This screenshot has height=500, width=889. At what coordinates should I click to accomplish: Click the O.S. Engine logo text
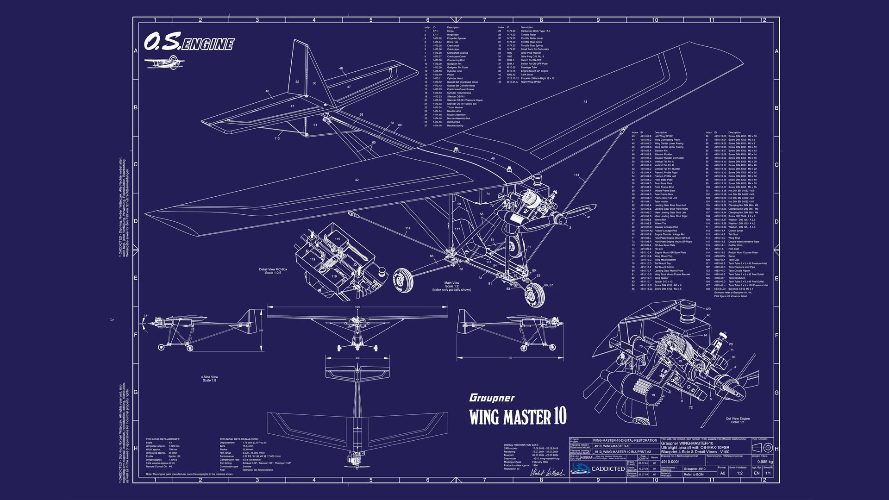coord(188,43)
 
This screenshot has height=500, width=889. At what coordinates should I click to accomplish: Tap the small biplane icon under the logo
coord(164,62)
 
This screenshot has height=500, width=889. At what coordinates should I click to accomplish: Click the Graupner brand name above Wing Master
coord(492,398)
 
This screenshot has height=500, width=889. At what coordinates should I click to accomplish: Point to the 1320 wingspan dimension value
coord(357,307)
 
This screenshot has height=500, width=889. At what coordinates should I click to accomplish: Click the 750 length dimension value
coord(510,358)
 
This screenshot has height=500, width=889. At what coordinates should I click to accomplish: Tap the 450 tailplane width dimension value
coord(357,358)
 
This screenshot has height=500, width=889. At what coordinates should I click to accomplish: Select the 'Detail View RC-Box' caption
coord(273,271)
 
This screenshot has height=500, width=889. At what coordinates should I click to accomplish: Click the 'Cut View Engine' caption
coord(738,420)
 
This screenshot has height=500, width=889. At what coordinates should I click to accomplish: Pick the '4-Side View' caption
coord(209,378)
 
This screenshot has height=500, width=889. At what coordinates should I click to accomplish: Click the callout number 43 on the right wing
coord(585,101)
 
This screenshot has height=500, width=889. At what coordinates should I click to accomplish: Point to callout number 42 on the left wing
coord(357,180)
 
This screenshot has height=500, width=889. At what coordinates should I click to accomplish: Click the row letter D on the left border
coord(136,221)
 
